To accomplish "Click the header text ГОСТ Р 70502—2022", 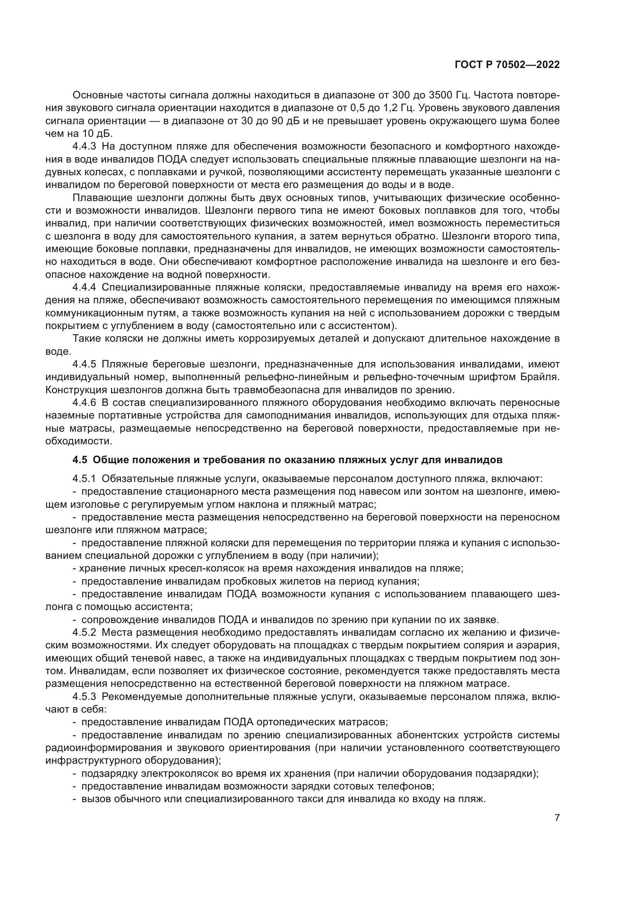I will point(507,65).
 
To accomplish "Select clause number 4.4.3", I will point(84,146).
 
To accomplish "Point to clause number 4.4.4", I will point(84,287).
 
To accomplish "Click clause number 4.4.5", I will point(84,364).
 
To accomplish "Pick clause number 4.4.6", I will point(84,403).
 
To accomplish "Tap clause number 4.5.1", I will point(84,479).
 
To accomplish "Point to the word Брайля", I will point(542,377).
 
